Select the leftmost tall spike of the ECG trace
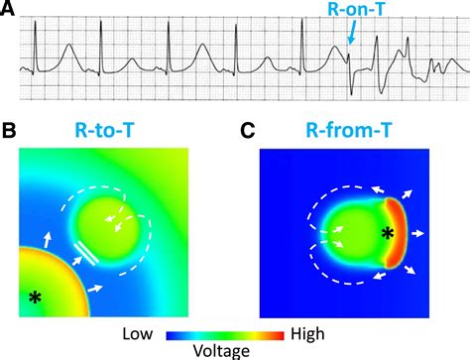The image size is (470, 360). [37, 45]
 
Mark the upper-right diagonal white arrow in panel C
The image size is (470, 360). [409, 189]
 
